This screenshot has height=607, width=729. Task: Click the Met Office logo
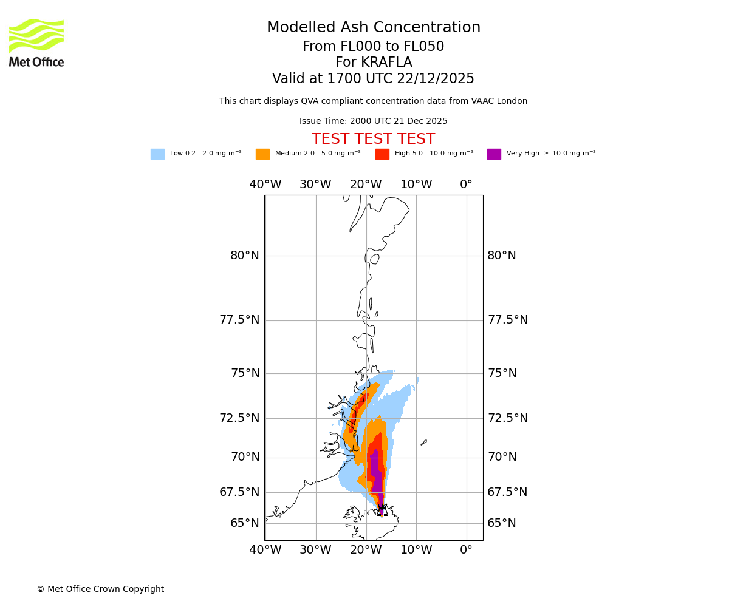36,42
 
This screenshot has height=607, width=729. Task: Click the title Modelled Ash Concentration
374,28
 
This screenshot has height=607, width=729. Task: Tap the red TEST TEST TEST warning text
373,139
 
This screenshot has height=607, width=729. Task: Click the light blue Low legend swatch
157,154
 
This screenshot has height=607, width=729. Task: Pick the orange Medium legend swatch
262,154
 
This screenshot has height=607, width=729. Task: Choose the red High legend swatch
382,154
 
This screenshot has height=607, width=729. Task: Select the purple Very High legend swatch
494,154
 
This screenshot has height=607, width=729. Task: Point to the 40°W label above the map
265,185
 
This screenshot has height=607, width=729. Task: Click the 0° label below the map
466,550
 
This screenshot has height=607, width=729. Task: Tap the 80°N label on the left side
245,256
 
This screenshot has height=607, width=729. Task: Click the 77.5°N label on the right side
508,320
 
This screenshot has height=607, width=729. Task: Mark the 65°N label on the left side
245,523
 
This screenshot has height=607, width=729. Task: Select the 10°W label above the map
416,185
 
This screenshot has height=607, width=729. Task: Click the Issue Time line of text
373,121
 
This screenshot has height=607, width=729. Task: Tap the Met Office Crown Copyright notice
100,589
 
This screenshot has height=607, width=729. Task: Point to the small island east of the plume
423,443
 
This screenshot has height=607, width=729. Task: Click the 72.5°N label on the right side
508,418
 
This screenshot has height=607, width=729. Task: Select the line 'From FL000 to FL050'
374,47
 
